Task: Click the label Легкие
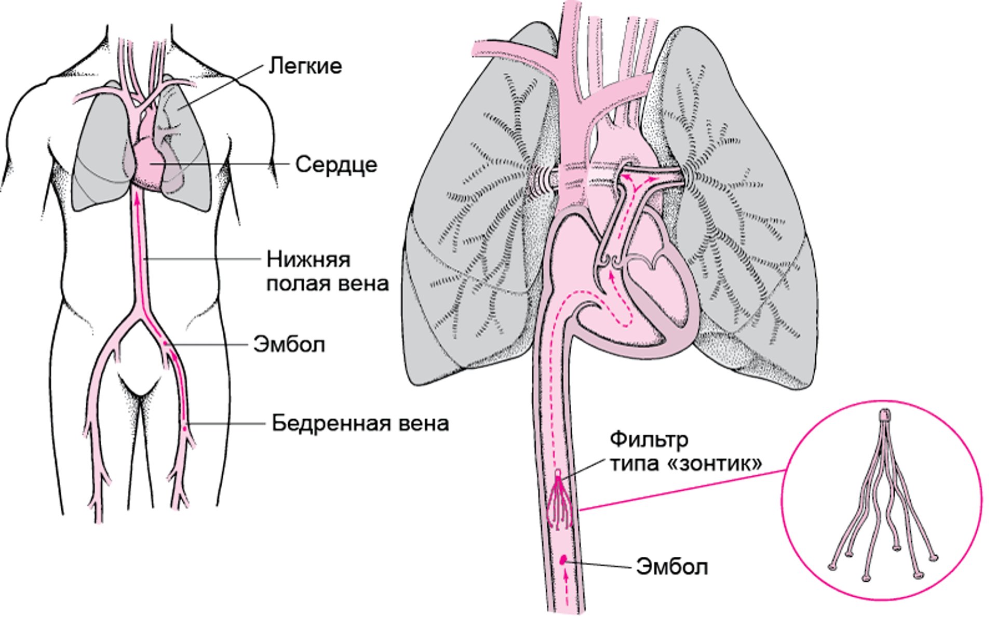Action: point(305,66)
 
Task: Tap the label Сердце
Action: point(336,165)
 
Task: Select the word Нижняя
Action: point(309,259)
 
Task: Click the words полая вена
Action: point(328,284)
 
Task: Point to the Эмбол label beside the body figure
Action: point(289,344)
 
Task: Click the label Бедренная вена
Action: point(360,423)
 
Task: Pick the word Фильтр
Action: point(649,440)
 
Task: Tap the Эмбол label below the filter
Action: point(672,566)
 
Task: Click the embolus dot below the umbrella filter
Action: point(563,559)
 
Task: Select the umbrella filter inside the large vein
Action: point(560,500)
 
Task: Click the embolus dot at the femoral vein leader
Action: point(184,428)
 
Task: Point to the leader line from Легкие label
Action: point(219,87)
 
